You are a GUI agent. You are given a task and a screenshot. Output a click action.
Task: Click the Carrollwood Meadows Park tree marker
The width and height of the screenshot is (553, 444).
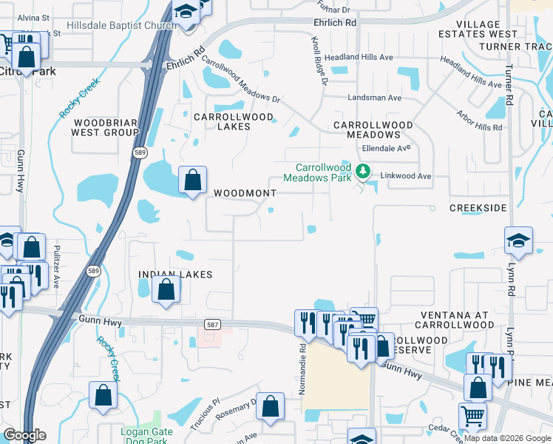362,172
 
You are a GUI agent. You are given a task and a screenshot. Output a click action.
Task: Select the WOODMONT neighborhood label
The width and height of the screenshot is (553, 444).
245,193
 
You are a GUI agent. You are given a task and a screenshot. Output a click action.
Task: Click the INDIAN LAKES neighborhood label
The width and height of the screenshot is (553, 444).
175,275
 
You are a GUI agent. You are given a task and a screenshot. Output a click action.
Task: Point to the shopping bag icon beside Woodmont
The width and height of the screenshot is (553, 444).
192,180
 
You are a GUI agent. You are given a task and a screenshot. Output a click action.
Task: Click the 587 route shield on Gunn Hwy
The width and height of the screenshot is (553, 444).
212,324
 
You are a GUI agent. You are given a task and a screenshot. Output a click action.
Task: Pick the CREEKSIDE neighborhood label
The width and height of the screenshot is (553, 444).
478,209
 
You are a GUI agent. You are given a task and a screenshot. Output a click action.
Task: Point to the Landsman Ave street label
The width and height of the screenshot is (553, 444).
375,98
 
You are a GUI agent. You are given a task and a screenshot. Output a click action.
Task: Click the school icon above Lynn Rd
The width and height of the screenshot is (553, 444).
518,240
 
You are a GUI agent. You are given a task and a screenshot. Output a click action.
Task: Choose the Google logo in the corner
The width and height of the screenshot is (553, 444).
24,436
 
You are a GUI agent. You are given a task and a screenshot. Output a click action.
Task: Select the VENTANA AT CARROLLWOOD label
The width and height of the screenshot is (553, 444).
455,320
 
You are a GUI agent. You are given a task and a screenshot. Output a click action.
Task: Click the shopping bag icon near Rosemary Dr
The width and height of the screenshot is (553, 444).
271,405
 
